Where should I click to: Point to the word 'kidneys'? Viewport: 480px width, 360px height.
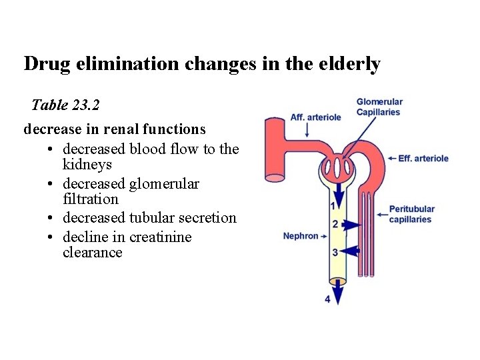87,164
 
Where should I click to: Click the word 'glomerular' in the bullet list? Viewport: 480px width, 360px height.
165,183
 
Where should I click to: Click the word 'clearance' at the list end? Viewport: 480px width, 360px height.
93,253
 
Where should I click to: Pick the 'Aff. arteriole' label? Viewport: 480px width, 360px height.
315,117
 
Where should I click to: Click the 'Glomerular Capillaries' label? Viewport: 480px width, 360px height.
379,107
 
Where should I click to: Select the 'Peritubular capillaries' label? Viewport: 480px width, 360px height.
411,215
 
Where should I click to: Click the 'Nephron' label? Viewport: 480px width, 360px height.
301,236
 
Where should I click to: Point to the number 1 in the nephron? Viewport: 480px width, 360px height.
333,205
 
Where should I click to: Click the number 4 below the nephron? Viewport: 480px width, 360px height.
327,299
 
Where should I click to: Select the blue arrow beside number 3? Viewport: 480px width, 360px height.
350,251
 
